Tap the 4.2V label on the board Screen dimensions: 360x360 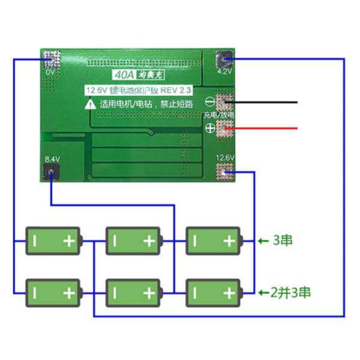(x=224, y=71)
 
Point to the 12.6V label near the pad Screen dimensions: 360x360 (x=225, y=158)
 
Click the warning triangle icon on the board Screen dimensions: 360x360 (x=89, y=103)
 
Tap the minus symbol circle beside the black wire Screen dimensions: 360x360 (x=211, y=101)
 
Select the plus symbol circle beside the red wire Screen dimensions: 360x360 (x=211, y=127)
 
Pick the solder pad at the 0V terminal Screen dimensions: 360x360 (x=51, y=59)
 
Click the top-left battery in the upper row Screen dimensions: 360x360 (x=53, y=241)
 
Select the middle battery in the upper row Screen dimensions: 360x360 (x=133, y=241)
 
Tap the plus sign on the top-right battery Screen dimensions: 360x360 (x=230, y=241)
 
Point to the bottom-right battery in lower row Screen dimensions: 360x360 (x=213, y=293)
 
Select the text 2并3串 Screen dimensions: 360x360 (x=290, y=293)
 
